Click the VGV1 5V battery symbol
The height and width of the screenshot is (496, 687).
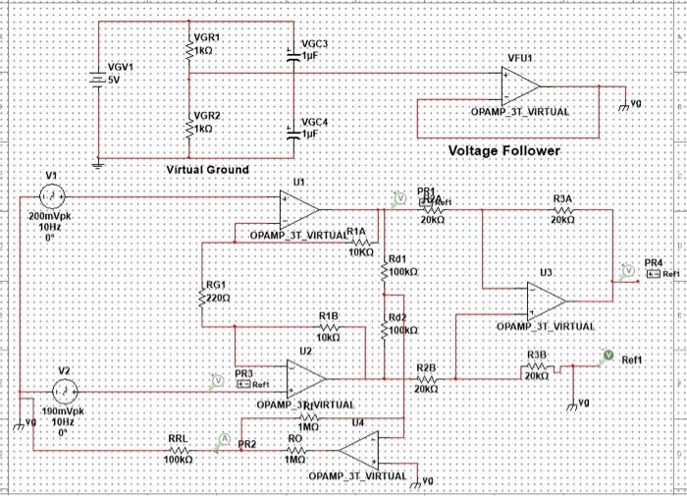click(x=97, y=79)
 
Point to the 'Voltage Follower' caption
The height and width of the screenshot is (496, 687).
click(x=503, y=151)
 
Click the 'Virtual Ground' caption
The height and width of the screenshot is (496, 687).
click(x=207, y=169)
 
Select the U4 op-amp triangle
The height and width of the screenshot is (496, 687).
click(x=359, y=451)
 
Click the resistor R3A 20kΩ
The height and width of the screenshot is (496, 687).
click(x=562, y=208)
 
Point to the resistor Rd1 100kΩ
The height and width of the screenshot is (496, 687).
click(x=388, y=267)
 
